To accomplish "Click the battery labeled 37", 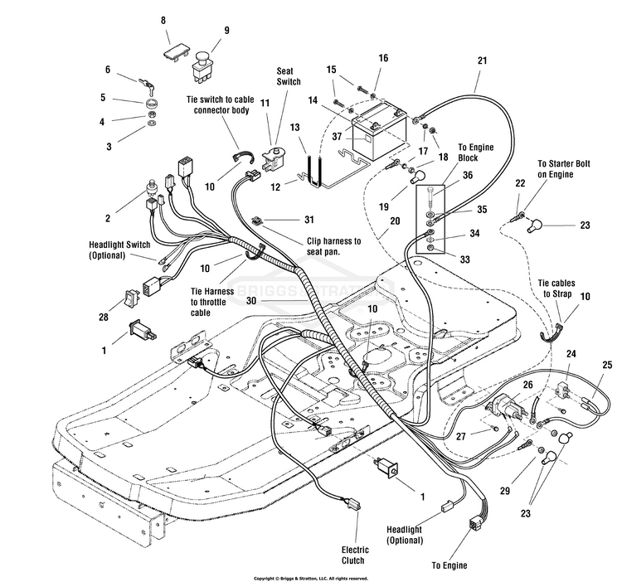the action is coord(380,134).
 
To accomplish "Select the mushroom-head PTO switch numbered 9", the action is coord(202,65).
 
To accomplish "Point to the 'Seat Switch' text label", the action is coord(289,76).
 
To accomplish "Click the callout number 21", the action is coord(482,61).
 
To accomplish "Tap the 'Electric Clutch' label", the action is coord(355,555).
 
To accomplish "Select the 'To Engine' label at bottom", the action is coord(449,565).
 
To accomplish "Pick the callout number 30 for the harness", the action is coord(251,301).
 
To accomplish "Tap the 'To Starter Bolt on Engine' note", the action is coord(563,169).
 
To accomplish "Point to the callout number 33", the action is coord(464,259).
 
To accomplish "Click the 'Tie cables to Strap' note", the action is coord(556,289).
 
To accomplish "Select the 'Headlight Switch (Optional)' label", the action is coord(119,250).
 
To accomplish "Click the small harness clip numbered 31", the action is coord(257,220).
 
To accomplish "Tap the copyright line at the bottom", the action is coord(311,579).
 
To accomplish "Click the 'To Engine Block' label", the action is coord(476,153).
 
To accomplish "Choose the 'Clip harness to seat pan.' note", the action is coord(334,246).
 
